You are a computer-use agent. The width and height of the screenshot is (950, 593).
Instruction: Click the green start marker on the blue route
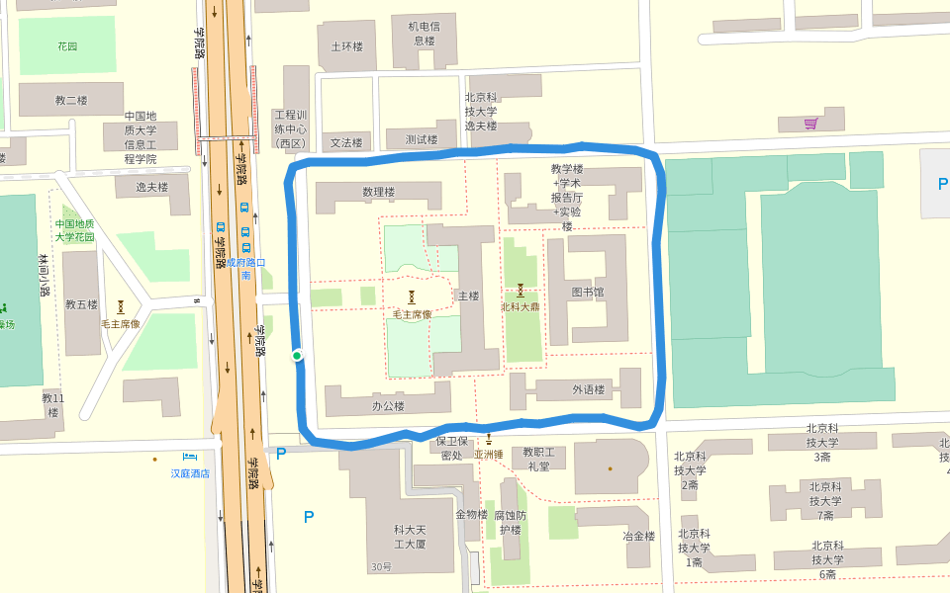(x=297, y=356)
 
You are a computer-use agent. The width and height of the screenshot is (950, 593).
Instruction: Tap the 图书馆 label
(x=587, y=293)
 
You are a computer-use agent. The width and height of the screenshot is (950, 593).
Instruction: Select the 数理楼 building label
(x=379, y=192)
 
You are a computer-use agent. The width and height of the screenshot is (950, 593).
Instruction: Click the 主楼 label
(x=467, y=296)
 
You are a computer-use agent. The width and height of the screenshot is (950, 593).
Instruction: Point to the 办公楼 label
(x=389, y=405)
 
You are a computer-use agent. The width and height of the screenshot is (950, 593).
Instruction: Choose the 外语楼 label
(x=588, y=389)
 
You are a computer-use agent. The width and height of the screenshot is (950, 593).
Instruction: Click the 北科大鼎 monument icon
(x=520, y=291)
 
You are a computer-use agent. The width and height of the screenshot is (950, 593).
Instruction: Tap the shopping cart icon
(x=811, y=124)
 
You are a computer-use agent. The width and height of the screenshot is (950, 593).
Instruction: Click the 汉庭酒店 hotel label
(x=190, y=473)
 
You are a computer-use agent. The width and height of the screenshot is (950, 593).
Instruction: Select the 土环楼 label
(x=346, y=46)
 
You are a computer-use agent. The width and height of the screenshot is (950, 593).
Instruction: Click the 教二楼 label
(x=71, y=100)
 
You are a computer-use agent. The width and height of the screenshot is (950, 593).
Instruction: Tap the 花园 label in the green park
(x=67, y=46)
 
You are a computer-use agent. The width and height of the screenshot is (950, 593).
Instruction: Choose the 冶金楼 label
(x=638, y=536)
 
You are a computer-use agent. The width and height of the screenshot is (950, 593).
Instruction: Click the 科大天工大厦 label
(x=410, y=537)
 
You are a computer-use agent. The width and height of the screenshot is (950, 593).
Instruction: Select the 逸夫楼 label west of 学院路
(x=151, y=187)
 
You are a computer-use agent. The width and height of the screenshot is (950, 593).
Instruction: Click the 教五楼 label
(x=81, y=304)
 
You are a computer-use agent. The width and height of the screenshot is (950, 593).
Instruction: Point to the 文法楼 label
(x=346, y=142)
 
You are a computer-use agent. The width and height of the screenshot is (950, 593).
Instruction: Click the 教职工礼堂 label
(x=538, y=460)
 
